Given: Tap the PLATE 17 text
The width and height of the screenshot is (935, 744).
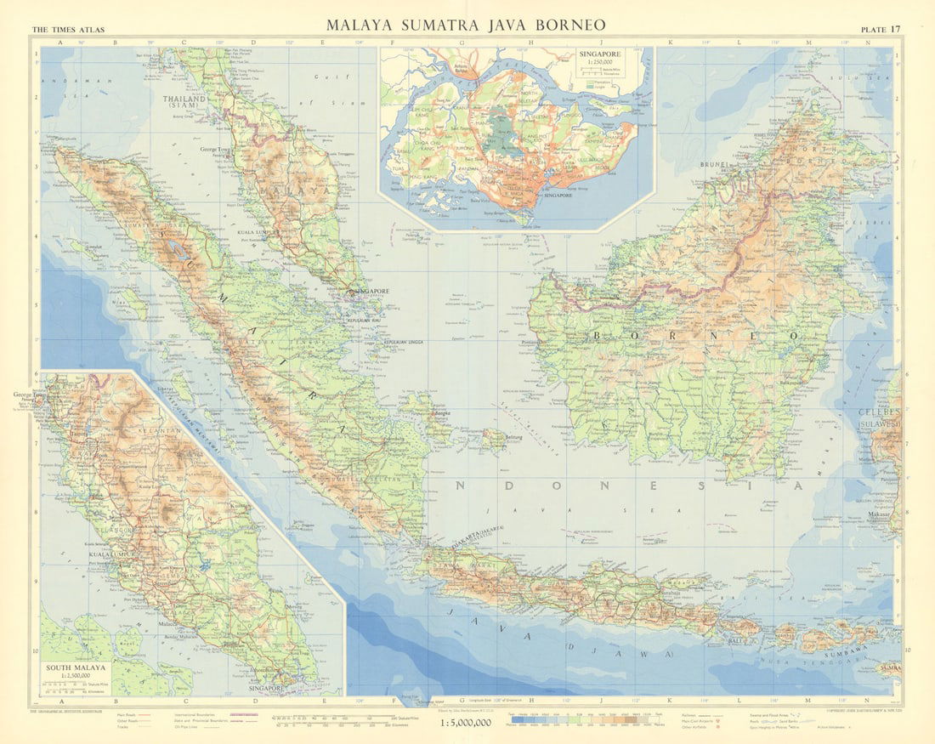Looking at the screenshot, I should pos(882,30).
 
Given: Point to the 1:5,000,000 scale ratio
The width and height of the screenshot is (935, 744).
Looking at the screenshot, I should pos(466,723).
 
